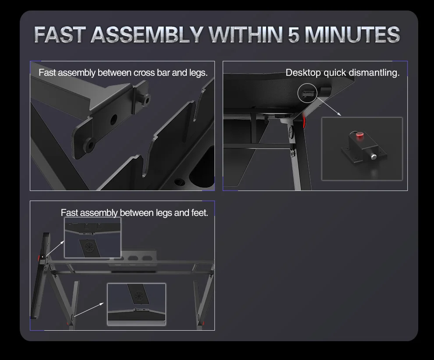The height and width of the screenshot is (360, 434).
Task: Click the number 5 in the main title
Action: coord(294,35)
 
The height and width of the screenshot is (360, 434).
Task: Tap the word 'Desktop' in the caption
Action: coord(303,73)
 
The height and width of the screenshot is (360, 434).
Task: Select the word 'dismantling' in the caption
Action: coord(373,73)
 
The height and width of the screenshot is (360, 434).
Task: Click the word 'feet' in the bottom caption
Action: coord(199,213)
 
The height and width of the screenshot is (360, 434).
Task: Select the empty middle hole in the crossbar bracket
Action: coord(114,118)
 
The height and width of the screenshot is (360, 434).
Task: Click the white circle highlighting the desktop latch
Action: coord(307,93)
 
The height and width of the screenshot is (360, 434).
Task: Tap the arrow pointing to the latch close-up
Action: coord(331,108)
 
